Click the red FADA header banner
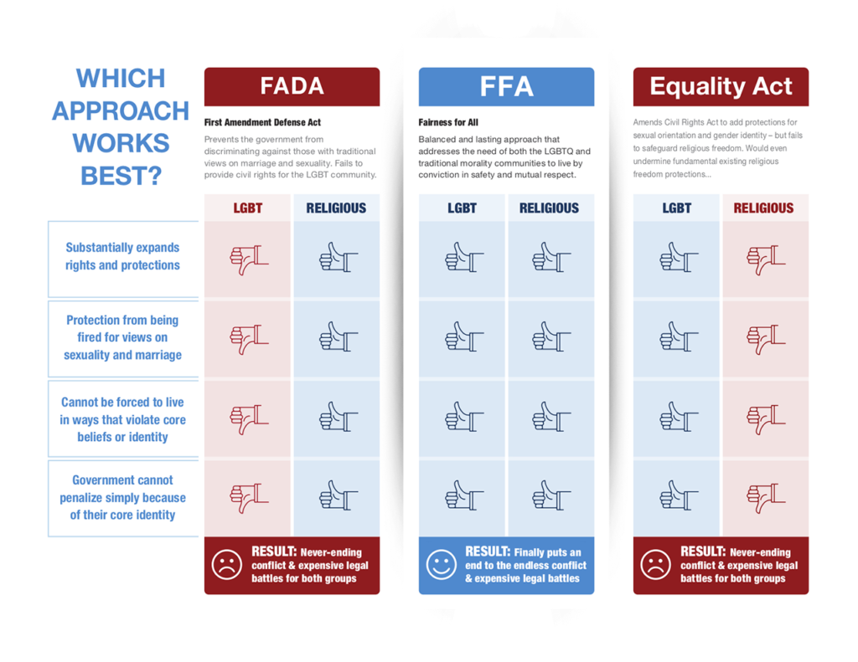pyautogui.click(x=292, y=86)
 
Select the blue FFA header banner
pyautogui.click(x=506, y=86)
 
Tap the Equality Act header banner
pyautogui.click(x=721, y=86)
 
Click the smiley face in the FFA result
pyautogui.click(x=441, y=565)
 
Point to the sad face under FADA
pyautogui.click(x=226, y=565)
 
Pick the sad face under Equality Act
pyautogui.click(x=655, y=565)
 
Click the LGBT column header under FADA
pyautogui.click(x=247, y=208)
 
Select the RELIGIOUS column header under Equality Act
pyautogui.click(x=763, y=208)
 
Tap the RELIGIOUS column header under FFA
pyautogui.click(x=549, y=208)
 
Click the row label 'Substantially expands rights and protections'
pyautogui.click(x=122, y=256)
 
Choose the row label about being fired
pyautogui.click(x=122, y=337)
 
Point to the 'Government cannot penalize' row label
pyautogui.click(x=122, y=497)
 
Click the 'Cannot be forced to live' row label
pyautogui.click(x=122, y=419)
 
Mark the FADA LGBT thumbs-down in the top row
pyautogui.click(x=248, y=259)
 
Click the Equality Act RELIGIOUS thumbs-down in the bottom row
pyautogui.click(x=764, y=496)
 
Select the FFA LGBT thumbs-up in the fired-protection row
pyautogui.click(x=463, y=339)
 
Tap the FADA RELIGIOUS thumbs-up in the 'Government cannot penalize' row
pyautogui.click(x=337, y=496)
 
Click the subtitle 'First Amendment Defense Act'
pyautogui.click(x=262, y=122)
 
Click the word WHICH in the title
pyautogui.click(x=121, y=78)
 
